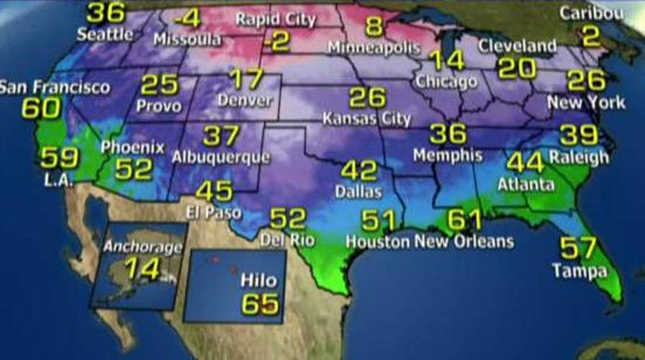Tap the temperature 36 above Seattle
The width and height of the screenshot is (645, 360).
[x=105, y=12]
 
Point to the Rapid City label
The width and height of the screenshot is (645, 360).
[x=275, y=19]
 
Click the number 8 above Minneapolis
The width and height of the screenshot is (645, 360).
[x=373, y=27]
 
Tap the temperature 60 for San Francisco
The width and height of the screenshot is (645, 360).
[x=40, y=108]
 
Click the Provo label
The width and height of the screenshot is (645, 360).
[x=160, y=105]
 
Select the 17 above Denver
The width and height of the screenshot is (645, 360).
[x=246, y=78]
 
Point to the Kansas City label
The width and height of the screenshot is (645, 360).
[x=366, y=118]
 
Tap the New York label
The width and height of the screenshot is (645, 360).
[x=586, y=102]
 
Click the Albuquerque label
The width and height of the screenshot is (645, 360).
[x=221, y=156]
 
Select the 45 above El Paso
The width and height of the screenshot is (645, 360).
[x=214, y=191]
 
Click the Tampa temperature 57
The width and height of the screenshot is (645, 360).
[x=578, y=248]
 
